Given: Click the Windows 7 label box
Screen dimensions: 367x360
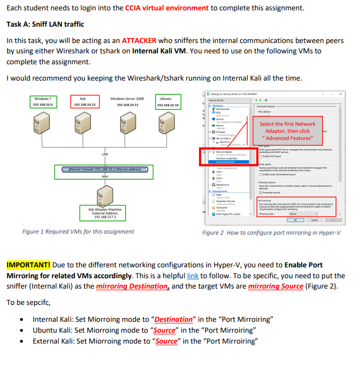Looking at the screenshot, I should pyautogui.click(x=42, y=101).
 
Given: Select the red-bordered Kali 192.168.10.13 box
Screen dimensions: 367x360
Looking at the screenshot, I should pyautogui.click(x=84, y=101).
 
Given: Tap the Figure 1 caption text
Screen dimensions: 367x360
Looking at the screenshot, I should pyautogui.click(x=78, y=231).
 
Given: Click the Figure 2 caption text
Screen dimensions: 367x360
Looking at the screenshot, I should pyautogui.click(x=271, y=233).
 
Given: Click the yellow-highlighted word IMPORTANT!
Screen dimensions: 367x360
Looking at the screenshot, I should pyautogui.click(x=28, y=265).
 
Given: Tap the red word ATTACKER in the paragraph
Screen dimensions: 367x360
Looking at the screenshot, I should pyautogui.click(x=139, y=40).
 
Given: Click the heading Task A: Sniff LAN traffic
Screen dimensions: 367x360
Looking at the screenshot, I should pyautogui.click(x=45, y=25).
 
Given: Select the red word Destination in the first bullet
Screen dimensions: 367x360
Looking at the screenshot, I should pyautogui.click(x=173, y=319).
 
